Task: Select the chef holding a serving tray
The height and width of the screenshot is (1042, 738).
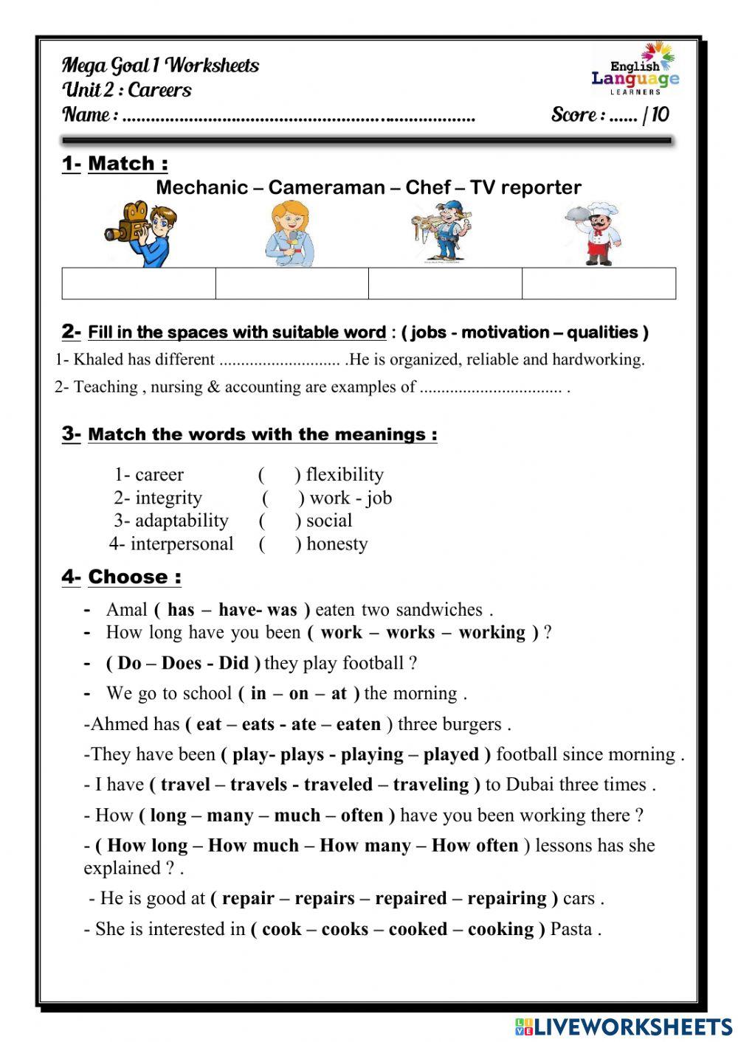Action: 596,233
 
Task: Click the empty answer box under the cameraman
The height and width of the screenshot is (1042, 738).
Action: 139,283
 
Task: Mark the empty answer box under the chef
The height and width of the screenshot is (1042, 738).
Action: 599,283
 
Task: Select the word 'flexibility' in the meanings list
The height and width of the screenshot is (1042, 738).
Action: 345,474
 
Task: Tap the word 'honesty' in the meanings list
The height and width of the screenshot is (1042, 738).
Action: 337,544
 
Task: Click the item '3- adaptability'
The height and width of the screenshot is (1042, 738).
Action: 170,521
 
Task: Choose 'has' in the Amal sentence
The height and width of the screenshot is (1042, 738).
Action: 181,610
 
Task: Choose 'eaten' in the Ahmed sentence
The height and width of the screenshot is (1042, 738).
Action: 359,724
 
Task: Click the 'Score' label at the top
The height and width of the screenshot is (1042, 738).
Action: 574,114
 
